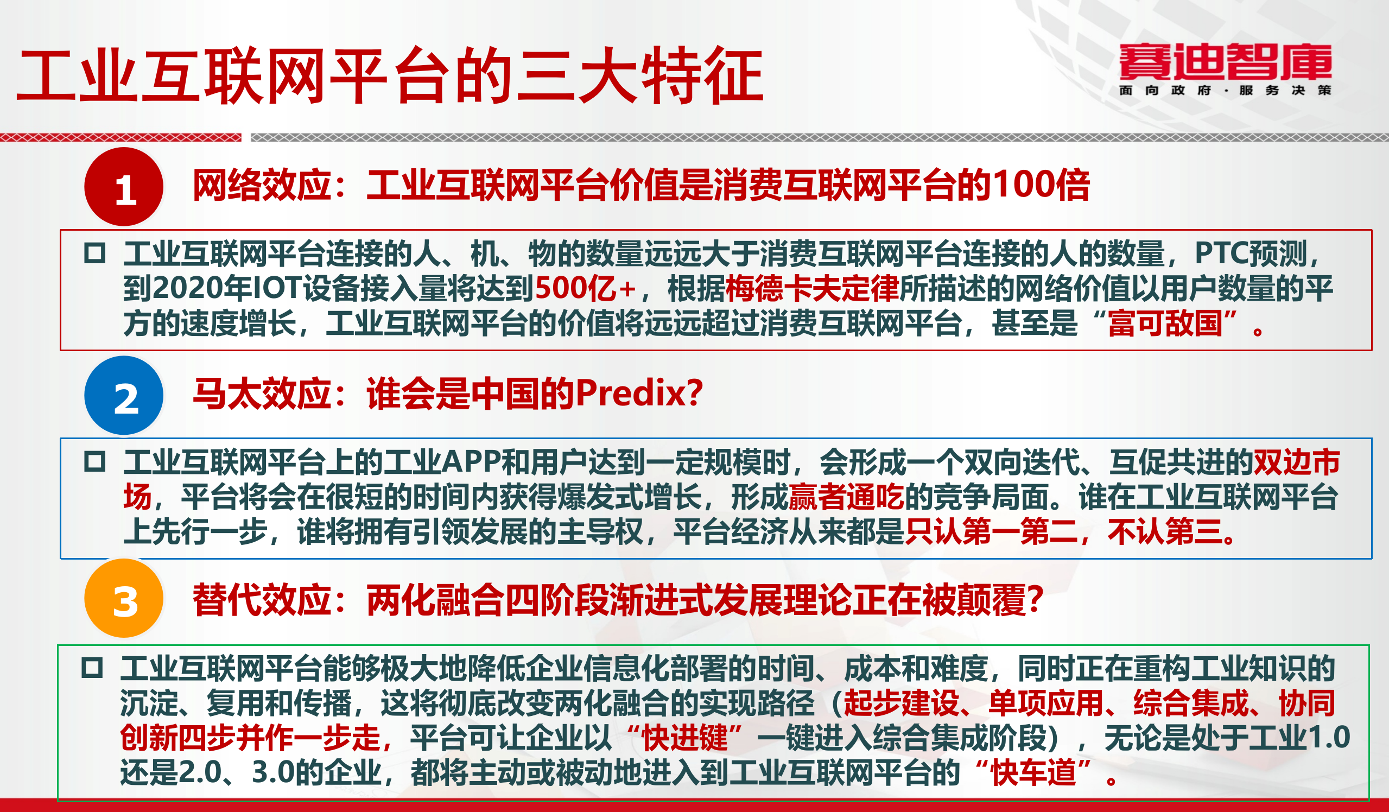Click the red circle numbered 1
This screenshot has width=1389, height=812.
(124, 187)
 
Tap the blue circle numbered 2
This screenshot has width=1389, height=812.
(124, 396)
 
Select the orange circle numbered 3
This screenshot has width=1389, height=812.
(124, 599)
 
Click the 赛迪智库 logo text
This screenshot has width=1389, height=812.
(1225, 62)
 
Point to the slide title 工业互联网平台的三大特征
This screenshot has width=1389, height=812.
(390, 75)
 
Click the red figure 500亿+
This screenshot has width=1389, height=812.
(585, 288)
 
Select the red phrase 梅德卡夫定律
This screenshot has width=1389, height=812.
(812, 288)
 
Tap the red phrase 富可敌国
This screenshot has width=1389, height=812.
(1165, 323)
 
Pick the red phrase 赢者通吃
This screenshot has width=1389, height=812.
(846, 497)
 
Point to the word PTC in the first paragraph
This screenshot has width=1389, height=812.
(1220, 253)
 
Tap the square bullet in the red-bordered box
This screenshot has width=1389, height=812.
(95, 253)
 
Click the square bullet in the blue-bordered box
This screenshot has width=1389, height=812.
(95, 461)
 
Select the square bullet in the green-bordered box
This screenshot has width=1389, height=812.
(92, 668)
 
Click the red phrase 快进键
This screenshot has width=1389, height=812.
(684, 738)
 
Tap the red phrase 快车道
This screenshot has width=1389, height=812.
(1033, 772)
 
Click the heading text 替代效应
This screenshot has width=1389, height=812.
(262, 600)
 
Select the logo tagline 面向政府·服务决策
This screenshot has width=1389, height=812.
(1225, 91)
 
